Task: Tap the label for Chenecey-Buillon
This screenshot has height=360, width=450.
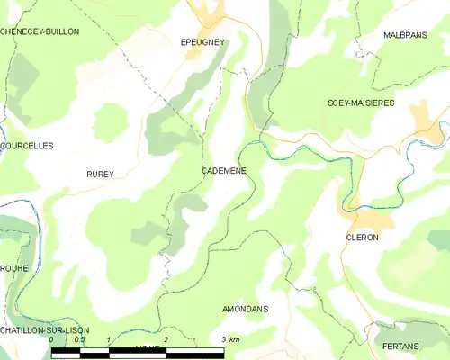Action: tap(40, 31)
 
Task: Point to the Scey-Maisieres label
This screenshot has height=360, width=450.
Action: tap(360, 103)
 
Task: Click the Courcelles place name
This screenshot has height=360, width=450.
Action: tap(27, 145)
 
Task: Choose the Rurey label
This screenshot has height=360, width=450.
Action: tap(100, 175)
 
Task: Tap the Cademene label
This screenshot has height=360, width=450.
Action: tap(224, 170)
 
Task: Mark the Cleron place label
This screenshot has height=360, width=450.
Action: tap(362, 238)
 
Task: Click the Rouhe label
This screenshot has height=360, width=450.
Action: tap(15, 268)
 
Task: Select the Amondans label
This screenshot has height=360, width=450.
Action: tap(245, 309)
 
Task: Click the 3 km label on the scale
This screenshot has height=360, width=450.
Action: tap(230, 339)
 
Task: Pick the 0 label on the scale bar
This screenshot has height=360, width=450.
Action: tap(51, 339)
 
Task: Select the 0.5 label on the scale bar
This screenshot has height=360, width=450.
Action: tap(78, 339)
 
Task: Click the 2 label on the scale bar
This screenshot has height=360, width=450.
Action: tap(166, 339)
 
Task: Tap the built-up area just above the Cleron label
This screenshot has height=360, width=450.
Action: tap(366, 218)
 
